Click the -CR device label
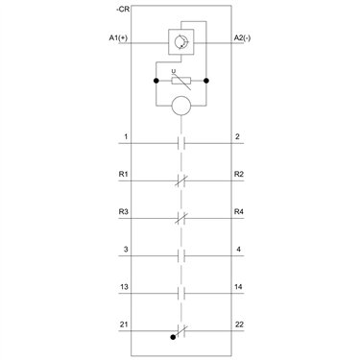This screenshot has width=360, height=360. (123, 10)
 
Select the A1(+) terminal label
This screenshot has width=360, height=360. (118, 37)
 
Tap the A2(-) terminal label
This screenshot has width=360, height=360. (242, 37)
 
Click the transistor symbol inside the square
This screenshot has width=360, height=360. (181, 42)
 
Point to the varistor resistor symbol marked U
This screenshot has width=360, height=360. (181, 81)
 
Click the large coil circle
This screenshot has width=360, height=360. (181, 106)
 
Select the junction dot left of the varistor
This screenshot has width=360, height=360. (156, 81)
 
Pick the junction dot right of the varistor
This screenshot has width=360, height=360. (206, 81)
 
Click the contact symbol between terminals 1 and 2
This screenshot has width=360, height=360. (181, 143)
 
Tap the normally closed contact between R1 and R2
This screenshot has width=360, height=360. (181, 180)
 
